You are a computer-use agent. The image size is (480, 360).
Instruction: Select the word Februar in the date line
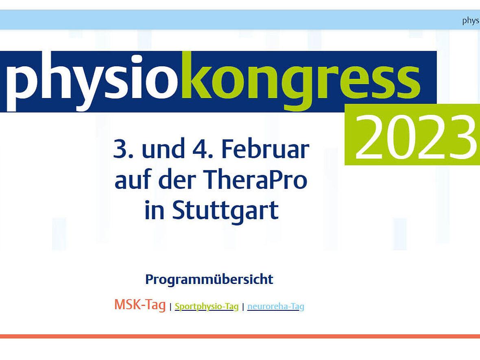pyautogui.click(x=265, y=149)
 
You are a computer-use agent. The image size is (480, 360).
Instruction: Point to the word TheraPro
pyautogui.click(x=255, y=180)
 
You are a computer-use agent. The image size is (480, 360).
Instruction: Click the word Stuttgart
pyautogui.click(x=225, y=211)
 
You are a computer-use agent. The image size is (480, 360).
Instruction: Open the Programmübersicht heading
pyautogui.click(x=209, y=279)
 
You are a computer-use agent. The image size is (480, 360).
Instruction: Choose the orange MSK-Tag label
pyautogui.click(x=140, y=305)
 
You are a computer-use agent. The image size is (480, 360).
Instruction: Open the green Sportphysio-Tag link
pyautogui.click(x=207, y=306)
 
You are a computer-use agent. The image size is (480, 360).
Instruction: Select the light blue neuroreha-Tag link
pyautogui.click(x=276, y=306)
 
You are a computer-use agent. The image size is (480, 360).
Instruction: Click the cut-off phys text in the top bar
pyautogui.click(x=471, y=20)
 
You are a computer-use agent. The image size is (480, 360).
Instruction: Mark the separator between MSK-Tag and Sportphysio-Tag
pyautogui.click(x=170, y=307)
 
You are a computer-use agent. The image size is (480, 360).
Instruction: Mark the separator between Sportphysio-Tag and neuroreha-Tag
pyautogui.click(x=243, y=307)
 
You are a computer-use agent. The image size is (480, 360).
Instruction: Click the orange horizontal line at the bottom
pyautogui.click(x=240, y=336)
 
